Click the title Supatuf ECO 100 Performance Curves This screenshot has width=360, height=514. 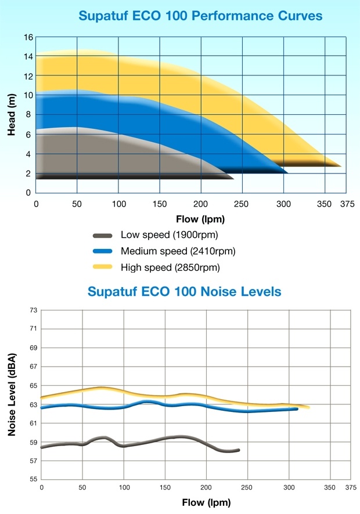(x=200, y=16)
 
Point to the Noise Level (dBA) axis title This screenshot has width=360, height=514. (x=12, y=394)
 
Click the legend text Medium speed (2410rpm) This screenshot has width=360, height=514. (x=178, y=251)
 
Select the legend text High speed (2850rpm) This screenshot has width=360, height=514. (x=171, y=267)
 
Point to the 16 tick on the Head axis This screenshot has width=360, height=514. (x=27, y=38)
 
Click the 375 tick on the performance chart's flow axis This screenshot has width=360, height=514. (x=347, y=204)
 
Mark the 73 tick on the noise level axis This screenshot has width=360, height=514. (x=34, y=310)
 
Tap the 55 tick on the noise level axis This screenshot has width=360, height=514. (x=34, y=480)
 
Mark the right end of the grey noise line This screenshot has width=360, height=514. (x=238, y=450)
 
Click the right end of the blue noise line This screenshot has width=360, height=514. (x=297, y=409)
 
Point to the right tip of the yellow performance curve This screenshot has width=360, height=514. (x=340, y=166)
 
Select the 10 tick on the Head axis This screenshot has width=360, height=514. (x=27, y=96)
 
